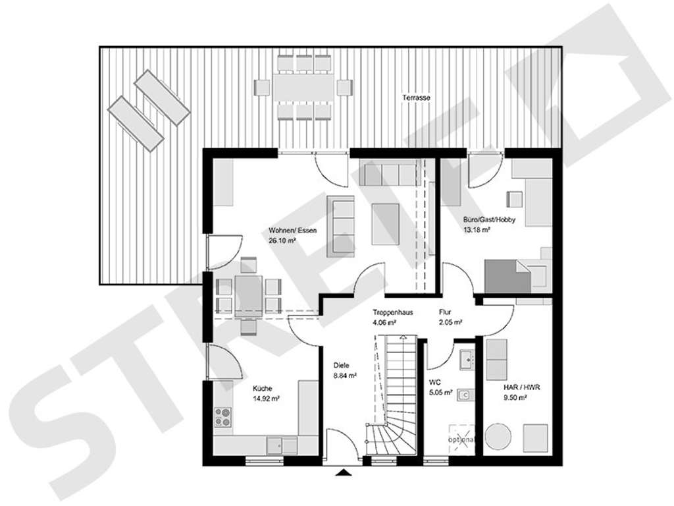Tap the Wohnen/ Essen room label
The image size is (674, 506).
click(293, 230)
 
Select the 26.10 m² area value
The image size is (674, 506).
click(282, 240)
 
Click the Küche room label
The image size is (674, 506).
click(261, 388)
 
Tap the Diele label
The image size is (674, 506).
click(341, 365)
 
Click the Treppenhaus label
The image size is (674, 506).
click(392, 312)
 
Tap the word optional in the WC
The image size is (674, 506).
click(462, 439)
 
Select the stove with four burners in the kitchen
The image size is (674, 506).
click(223, 416)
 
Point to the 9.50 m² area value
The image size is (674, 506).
click(514, 398)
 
